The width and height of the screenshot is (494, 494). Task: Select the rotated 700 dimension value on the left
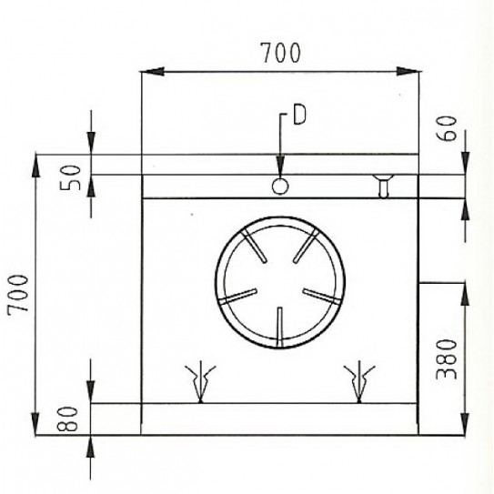(x=16, y=293)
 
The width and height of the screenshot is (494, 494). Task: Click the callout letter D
(x=297, y=116)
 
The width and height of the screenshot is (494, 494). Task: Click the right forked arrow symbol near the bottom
(x=360, y=379)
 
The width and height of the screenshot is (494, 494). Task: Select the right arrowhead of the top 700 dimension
(x=413, y=71)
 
